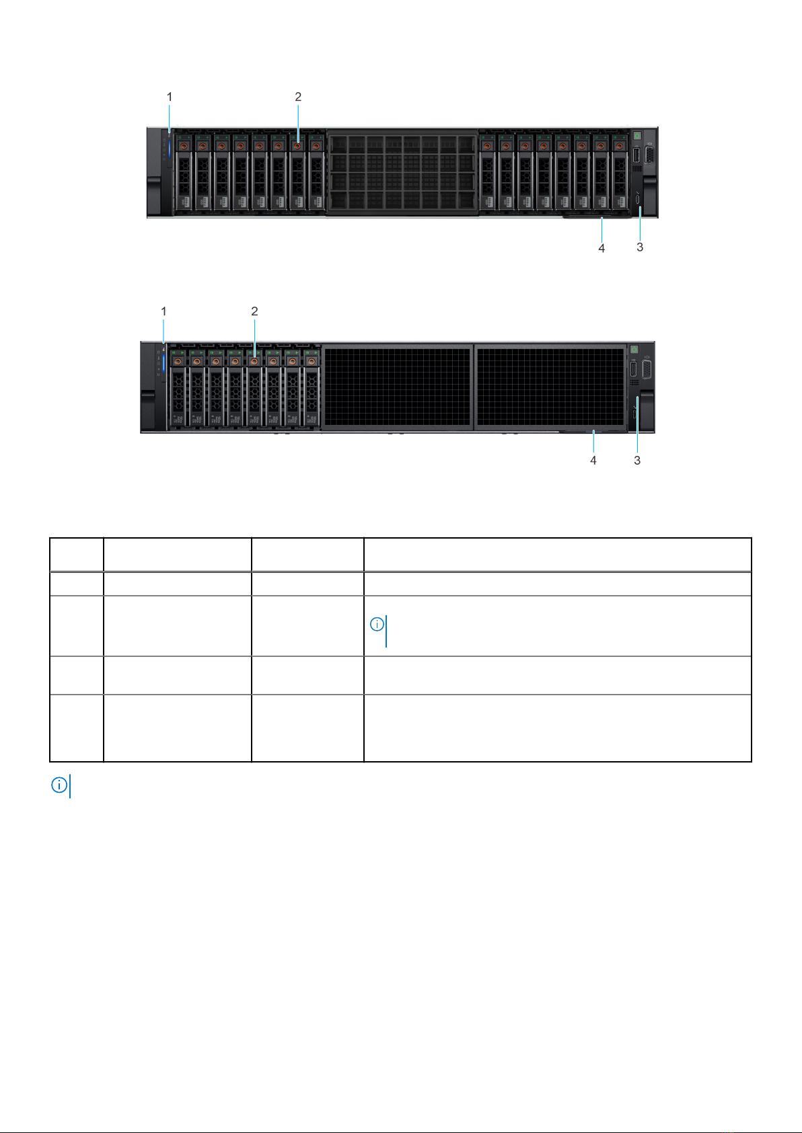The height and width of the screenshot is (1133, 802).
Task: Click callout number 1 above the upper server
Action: pos(170,97)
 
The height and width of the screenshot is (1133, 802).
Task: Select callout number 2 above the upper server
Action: pos(298,97)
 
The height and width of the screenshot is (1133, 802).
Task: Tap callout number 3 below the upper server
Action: pos(640,247)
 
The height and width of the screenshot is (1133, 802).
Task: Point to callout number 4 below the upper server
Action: pos(601,248)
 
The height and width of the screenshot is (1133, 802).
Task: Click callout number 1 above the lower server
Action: pos(163,311)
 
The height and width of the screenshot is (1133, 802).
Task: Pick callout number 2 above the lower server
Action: pos(254,311)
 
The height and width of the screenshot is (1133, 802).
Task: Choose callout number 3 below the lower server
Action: pos(637,461)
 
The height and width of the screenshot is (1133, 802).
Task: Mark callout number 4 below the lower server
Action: pos(593,461)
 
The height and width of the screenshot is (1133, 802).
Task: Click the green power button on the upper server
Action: pos(636,136)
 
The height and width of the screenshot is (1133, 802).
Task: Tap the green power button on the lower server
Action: pos(634,349)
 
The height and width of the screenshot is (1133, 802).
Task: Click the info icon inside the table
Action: pos(377,625)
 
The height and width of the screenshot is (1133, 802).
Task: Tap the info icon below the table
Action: pos(59,785)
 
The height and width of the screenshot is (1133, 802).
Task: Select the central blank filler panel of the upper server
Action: pos(402,173)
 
